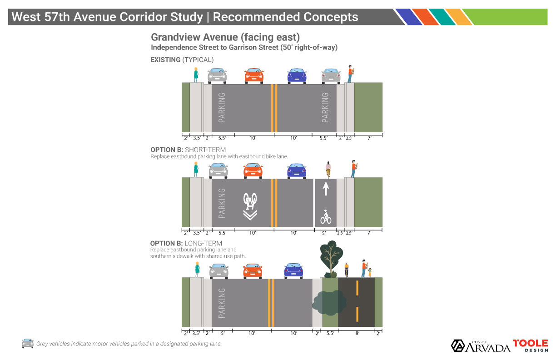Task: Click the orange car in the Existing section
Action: click(254, 76)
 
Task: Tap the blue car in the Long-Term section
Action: click(293, 271)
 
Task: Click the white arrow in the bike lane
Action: click(326, 189)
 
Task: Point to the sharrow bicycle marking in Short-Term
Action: click(250, 206)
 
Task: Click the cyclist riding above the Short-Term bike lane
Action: click(328, 170)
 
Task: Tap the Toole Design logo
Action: click(531, 345)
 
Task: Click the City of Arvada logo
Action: click(481, 346)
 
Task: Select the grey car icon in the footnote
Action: click(28, 343)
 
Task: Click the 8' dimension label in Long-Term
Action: click(357, 334)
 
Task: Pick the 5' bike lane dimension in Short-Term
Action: click(324, 233)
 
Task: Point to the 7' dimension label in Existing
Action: click(370, 138)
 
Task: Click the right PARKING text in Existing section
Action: click(325, 108)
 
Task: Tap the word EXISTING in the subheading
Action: click(165, 60)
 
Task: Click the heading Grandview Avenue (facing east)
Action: click(225, 37)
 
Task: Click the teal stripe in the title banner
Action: click(442, 17)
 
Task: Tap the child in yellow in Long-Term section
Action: click(370, 272)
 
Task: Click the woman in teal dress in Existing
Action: click(196, 75)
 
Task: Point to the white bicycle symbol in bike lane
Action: click(326, 217)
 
